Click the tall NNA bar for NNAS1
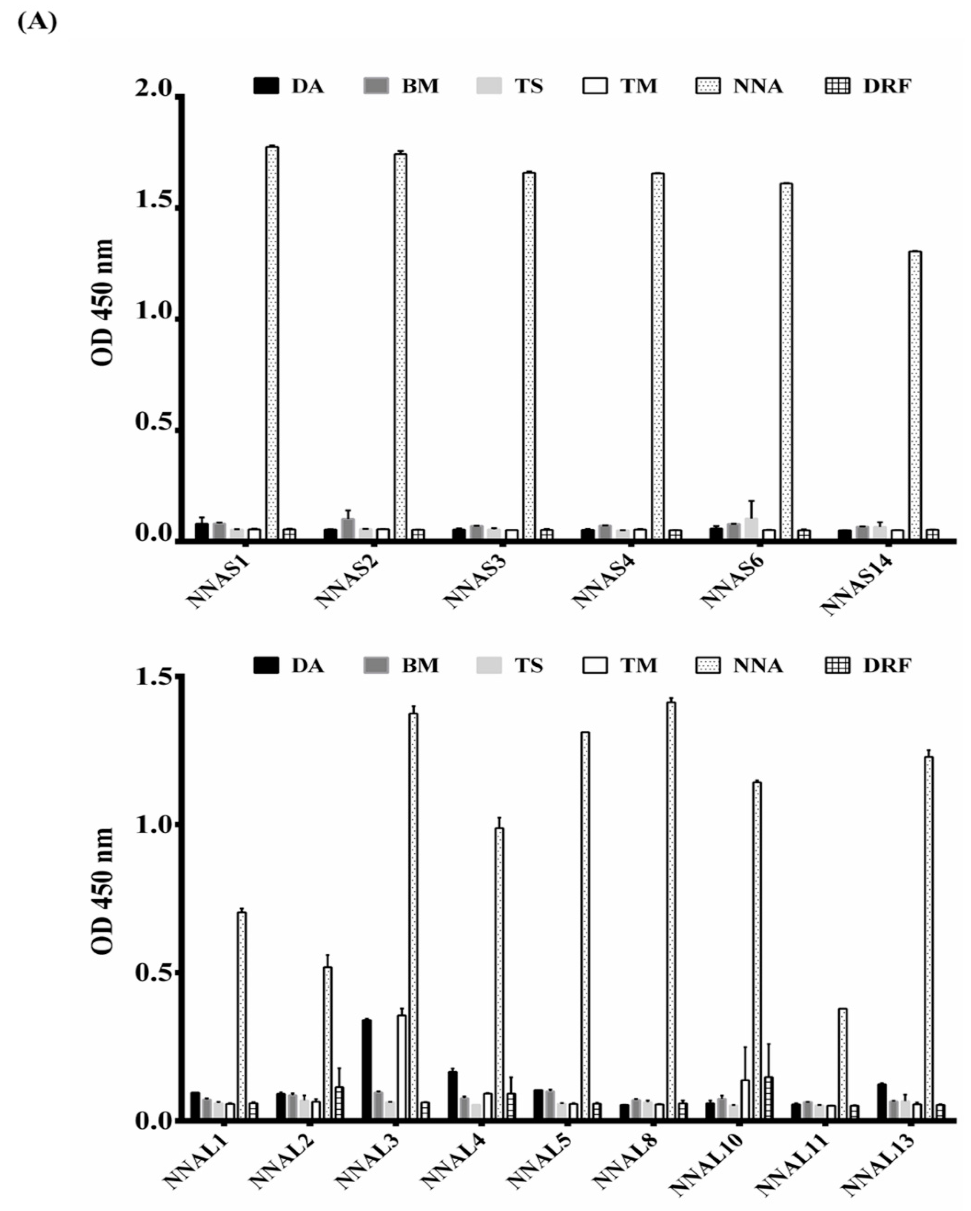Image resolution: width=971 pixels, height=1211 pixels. [272, 343]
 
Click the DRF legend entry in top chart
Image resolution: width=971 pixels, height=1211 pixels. [868, 86]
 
